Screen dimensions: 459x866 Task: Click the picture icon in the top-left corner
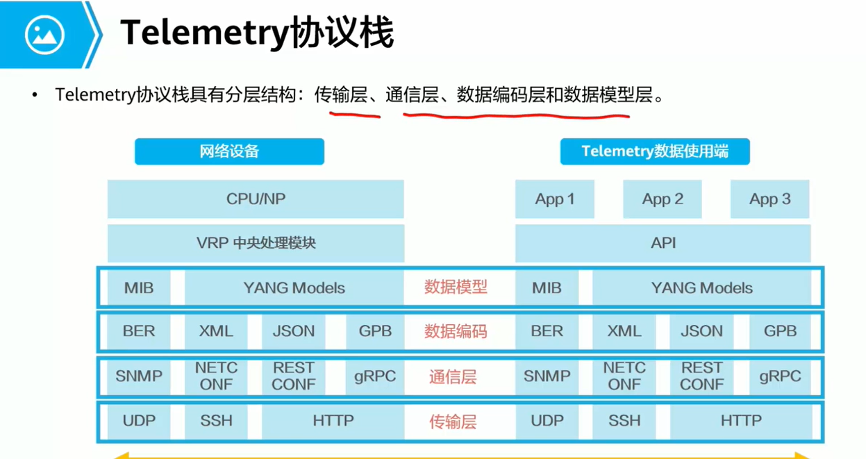click(44, 34)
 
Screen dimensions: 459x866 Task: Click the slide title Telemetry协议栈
click(257, 33)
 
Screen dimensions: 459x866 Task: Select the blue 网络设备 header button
click(229, 151)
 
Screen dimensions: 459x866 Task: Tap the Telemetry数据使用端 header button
click(654, 151)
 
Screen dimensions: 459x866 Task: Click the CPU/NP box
click(256, 199)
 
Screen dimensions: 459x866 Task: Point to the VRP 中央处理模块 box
click(256, 243)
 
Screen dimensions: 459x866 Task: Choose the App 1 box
click(554, 199)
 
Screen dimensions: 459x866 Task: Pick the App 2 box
click(662, 199)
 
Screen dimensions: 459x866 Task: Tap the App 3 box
click(769, 199)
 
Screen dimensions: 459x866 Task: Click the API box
click(663, 243)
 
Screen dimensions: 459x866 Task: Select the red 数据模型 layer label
click(456, 287)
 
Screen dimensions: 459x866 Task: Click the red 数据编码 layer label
click(456, 332)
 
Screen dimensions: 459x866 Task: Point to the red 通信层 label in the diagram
click(453, 377)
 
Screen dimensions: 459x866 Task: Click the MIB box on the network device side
click(139, 287)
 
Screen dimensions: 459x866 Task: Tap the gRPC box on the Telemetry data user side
click(780, 376)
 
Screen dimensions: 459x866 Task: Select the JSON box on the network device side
click(293, 332)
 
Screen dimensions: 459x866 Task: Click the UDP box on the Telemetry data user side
click(547, 421)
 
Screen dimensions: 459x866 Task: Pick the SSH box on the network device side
click(216, 421)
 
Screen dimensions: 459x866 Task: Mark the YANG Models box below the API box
click(701, 287)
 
